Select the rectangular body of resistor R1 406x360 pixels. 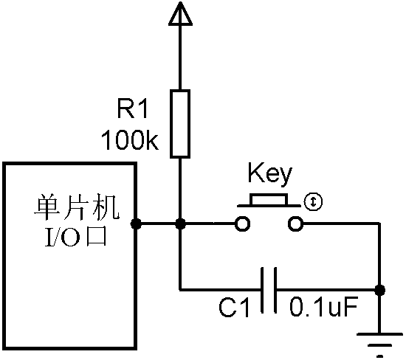pos(179,123)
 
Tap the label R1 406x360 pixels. pos(133,111)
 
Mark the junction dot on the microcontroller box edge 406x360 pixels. pos(136,224)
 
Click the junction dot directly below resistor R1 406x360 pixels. pos(179,224)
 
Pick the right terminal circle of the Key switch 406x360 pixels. pos(295,224)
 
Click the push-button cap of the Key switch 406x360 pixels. pos(269,200)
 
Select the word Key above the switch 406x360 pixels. pos(269,174)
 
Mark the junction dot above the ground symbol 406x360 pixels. pos(380,288)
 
